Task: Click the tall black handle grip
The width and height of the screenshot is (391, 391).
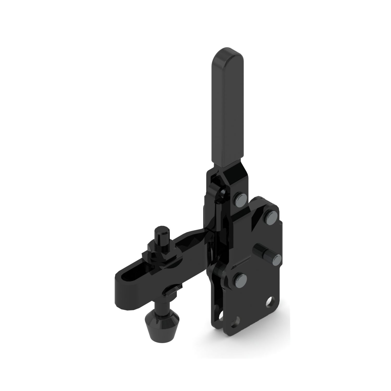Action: (228, 109)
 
